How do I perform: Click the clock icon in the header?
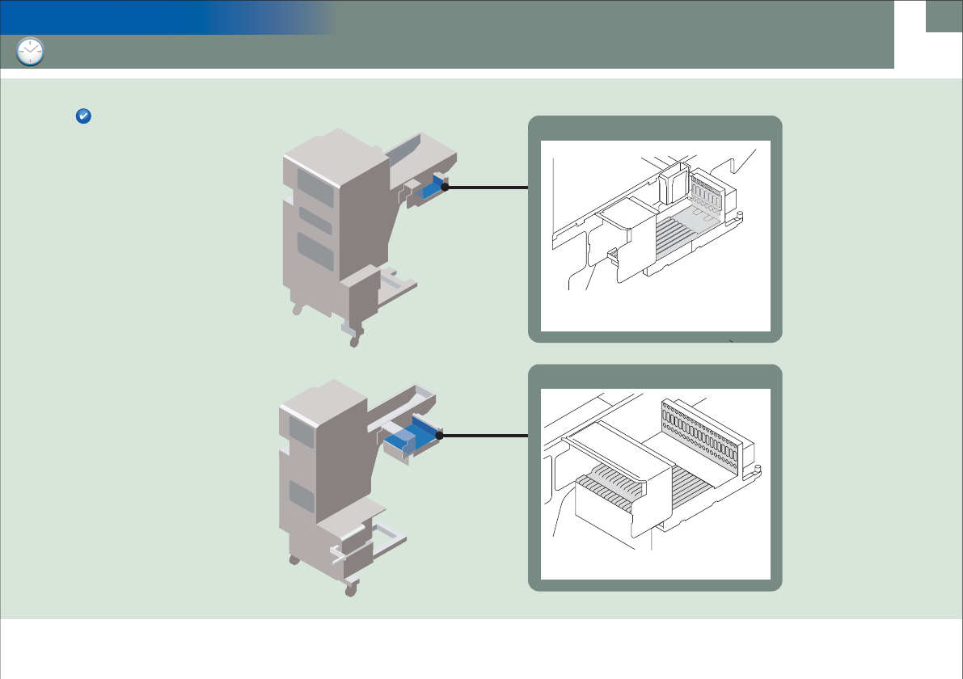click(x=30, y=52)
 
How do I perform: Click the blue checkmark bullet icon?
click(x=82, y=116)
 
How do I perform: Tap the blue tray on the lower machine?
click(x=414, y=435)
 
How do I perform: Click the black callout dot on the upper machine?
click(x=444, y=187)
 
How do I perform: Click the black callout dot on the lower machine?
click(x=440, y=436)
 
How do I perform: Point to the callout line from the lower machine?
click(x=485, y=436)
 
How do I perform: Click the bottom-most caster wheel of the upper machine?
click(x=353, y=341)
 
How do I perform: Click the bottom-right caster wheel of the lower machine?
click(x=350, y=591)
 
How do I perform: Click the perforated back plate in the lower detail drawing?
click(x=700, y=436)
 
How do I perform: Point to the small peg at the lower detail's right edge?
click(x=758, y=468)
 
